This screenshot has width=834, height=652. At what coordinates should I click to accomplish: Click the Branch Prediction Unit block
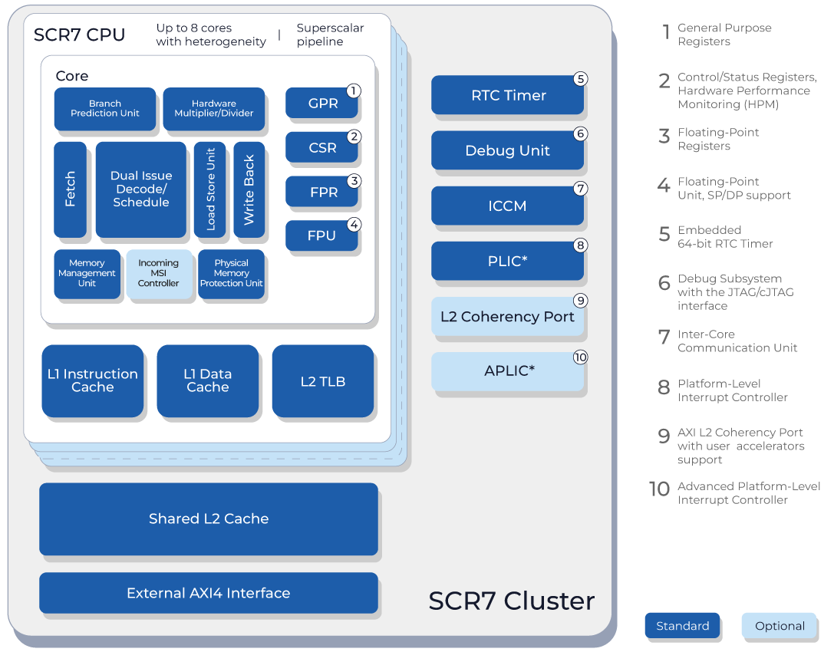tap(105, 109)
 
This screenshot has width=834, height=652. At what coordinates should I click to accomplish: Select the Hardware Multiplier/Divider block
tap(213, 109)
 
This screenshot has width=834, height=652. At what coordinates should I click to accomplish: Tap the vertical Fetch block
tap(70, 189)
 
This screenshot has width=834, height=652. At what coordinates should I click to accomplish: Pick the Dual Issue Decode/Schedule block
tap(140, 189)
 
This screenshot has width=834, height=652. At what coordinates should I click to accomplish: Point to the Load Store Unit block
tap(209, 189)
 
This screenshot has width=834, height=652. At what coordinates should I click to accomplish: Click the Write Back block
tap(249, 189)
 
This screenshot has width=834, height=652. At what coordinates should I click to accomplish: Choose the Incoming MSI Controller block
tap(158, 274)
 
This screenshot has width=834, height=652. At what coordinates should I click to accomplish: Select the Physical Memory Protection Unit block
tap(231, 274)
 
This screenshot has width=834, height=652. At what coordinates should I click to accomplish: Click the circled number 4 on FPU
tap(354, 225)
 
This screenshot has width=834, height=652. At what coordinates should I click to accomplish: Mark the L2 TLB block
tap(323, 381)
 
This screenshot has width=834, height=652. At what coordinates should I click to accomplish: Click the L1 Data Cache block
tap(207, 381)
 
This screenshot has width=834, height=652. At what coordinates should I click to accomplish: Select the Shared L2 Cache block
tap(209, 519)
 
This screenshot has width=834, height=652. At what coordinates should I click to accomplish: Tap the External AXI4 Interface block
tap(209, 593)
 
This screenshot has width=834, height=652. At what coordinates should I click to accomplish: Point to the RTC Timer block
tap(508, 96)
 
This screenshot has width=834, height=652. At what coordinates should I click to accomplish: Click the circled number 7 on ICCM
tap(581, 189)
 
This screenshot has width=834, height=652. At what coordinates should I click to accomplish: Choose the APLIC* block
tap(508, 371)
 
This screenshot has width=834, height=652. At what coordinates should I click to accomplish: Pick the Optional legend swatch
tap(779, 626)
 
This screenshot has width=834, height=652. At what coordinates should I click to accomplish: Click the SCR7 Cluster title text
tap(511, 601)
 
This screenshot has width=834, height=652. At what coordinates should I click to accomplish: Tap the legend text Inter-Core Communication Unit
tap(737, 341)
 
